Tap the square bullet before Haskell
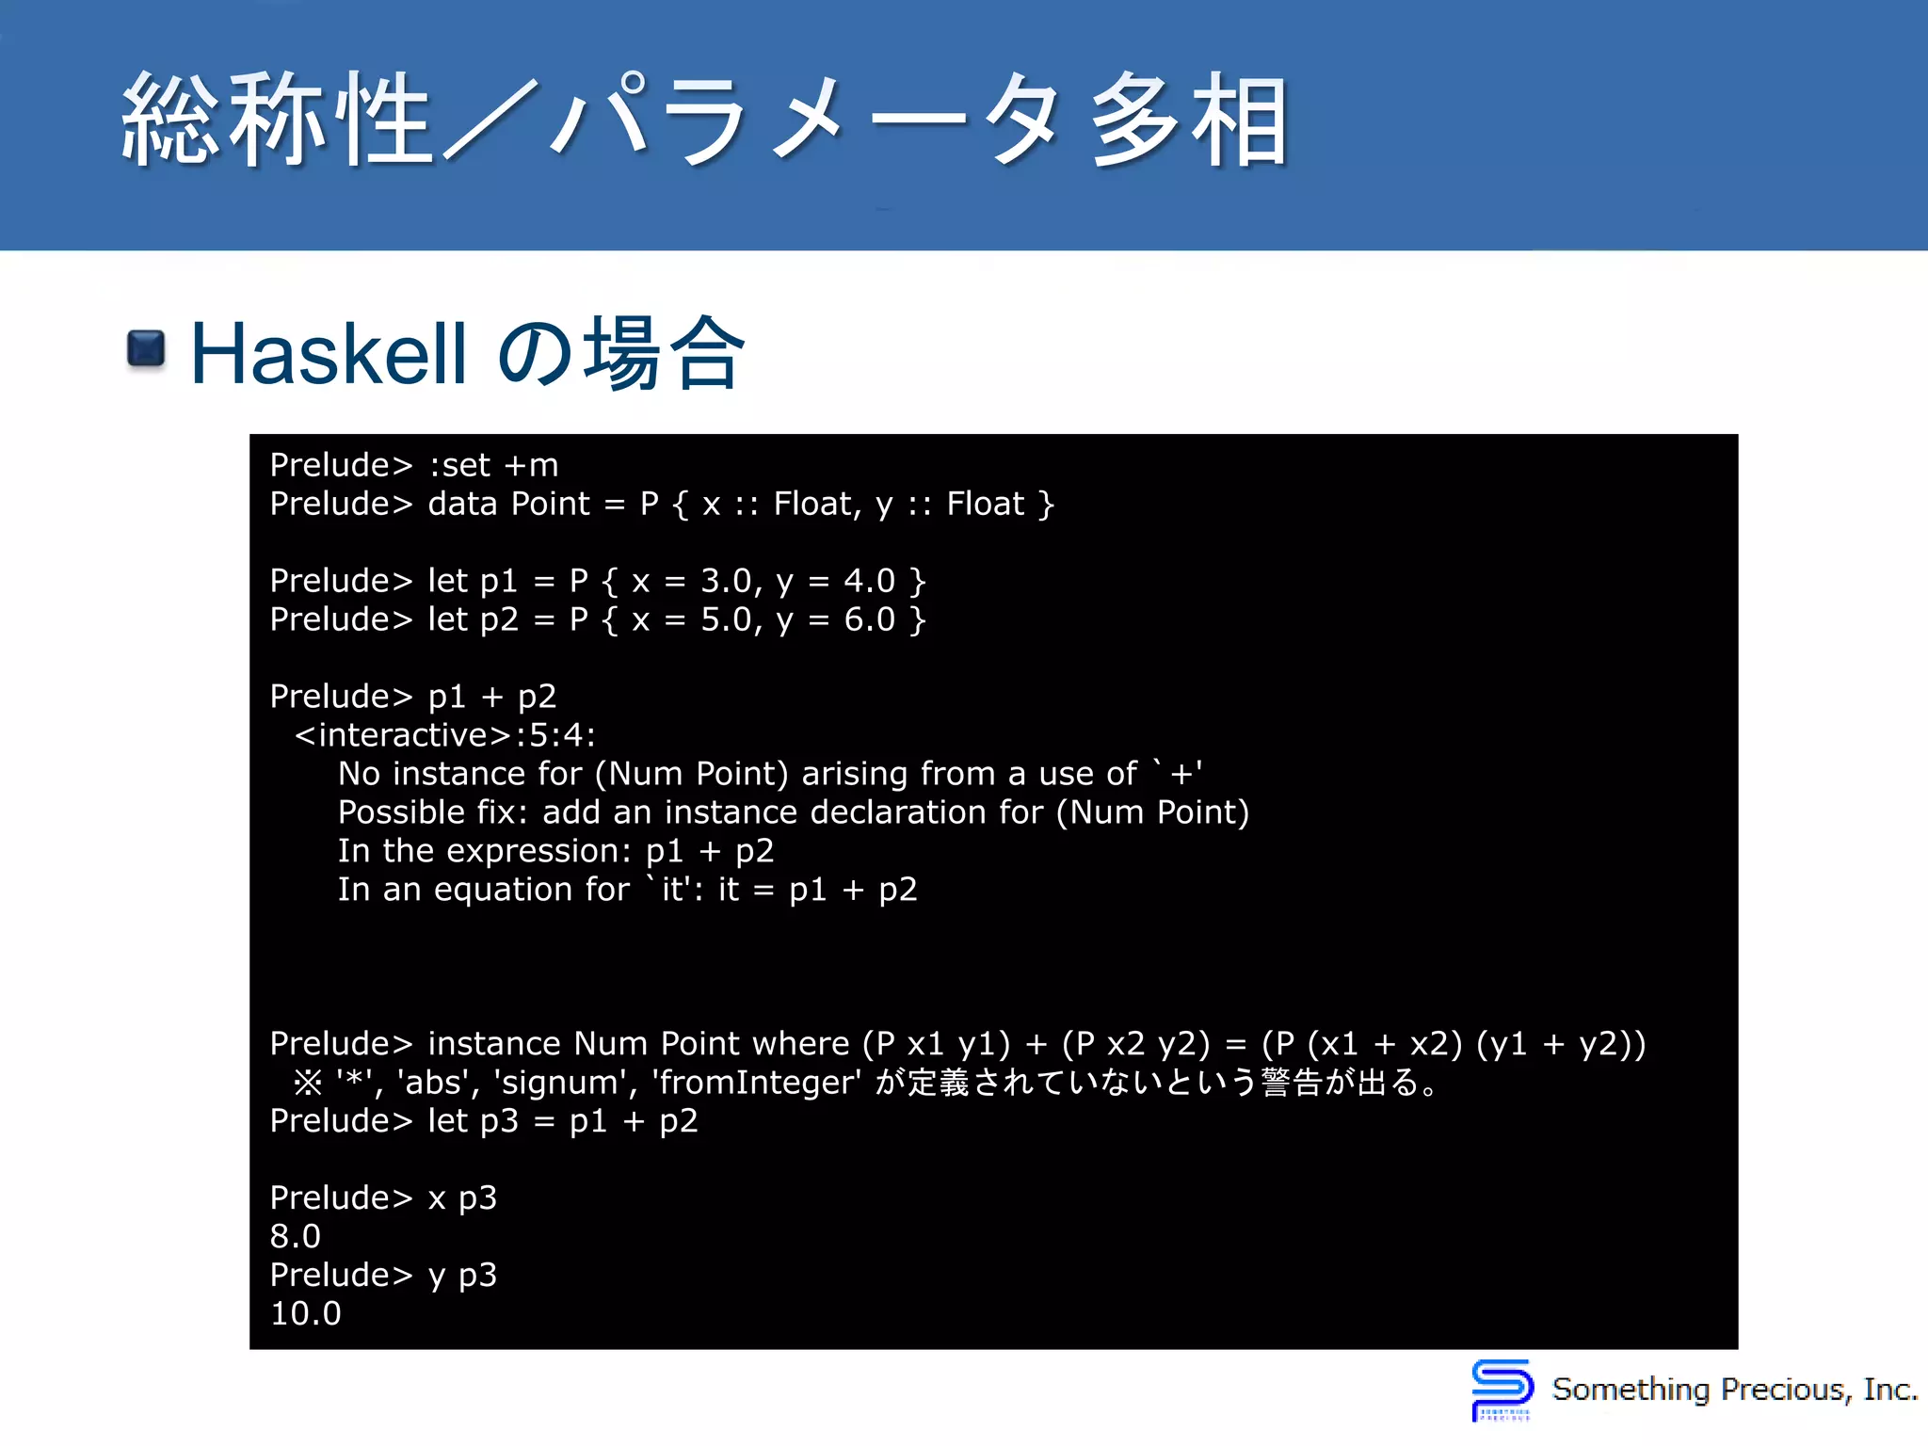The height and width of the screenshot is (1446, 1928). pos(146,349)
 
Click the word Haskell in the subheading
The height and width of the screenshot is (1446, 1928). pos(329,354)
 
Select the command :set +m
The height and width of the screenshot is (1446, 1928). pos(493,465)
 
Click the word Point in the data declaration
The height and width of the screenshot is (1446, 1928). pos(550,504)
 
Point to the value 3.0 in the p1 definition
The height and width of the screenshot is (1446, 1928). pos(726,581)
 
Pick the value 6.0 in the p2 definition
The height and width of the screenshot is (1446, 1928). pos(869,619)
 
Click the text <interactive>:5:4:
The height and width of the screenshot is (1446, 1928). pos(445,734)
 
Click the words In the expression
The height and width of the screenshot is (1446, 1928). pos(482,850)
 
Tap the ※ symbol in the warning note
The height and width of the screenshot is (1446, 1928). pos(308,1083)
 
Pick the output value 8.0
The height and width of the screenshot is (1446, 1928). pos(296,1236)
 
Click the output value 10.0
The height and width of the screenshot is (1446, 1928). pos(305,1313)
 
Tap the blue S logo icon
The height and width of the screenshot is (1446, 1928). pos(1502,1388)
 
